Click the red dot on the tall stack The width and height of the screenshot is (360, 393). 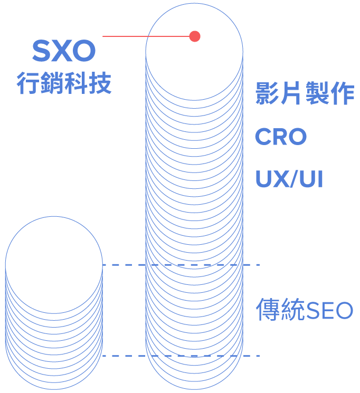195,36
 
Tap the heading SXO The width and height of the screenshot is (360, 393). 63,51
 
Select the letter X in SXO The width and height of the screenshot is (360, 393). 63,51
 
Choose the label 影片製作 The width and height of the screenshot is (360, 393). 305,94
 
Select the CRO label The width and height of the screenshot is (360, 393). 281,137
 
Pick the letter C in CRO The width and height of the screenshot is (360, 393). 263,137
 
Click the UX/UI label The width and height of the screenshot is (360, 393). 289,179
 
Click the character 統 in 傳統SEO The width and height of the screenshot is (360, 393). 293,310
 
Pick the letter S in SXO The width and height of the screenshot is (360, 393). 41,51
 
